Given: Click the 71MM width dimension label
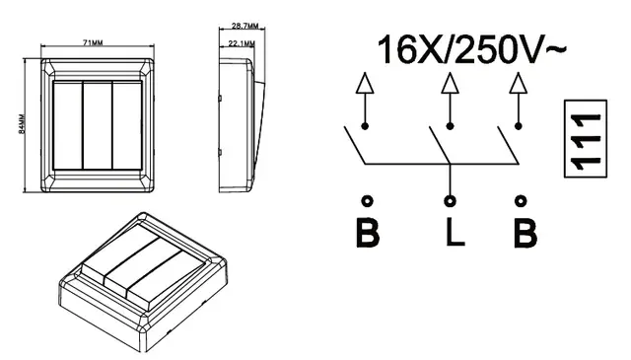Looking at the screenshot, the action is point(93,42).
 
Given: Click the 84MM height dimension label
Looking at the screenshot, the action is point(22,124).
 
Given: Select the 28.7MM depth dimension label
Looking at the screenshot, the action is point(245,27).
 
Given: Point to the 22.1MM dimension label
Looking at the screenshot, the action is point(242,43).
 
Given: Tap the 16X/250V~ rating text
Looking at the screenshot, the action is point(471,49).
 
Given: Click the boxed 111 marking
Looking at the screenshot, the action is point(586,138).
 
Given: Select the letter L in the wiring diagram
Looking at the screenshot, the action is point(456,232).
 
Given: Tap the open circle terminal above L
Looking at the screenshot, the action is point(450,200).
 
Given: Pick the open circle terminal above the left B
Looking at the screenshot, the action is point(367,200).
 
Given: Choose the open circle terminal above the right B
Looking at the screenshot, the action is point(521,200).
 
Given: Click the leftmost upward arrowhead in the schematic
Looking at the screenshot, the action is point(365,84).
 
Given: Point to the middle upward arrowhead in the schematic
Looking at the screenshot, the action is point(450,84).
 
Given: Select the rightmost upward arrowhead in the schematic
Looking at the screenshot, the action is point(519,84).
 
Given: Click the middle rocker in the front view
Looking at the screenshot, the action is point(98,125).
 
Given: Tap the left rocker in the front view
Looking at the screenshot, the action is point(68,125).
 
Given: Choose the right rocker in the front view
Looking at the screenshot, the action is point(127,125).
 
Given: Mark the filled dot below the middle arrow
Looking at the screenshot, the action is point(450,126).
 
